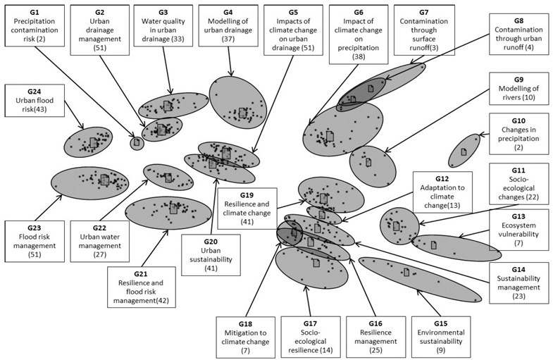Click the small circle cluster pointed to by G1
point(137,143)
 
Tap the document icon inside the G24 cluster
point(94,142)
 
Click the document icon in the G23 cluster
point(104,180)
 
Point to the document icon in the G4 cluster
point(242,113)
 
